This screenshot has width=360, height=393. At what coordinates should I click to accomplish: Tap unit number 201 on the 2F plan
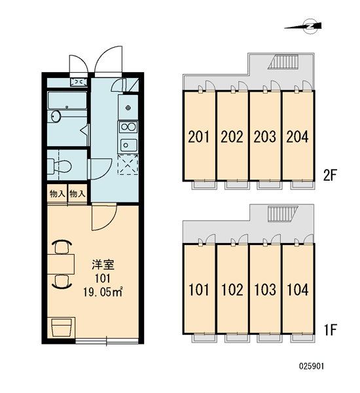pos(199,137)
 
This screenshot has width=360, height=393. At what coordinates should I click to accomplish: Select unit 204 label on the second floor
pos(297,137)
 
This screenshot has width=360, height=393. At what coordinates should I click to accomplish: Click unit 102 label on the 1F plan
pos(232,290)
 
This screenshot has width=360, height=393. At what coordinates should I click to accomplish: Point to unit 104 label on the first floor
pos(297,290)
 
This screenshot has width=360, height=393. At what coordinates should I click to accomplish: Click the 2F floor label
pos(330,175)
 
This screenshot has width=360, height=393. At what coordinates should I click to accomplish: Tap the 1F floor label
pos(331,329)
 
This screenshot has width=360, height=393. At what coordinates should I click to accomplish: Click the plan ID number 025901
pos(312,366)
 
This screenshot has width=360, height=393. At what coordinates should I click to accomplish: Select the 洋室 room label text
pos(103,265)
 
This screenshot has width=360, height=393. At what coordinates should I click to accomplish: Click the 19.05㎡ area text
pos(103,292)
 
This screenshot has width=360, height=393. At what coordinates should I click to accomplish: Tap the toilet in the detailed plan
pos(60,166)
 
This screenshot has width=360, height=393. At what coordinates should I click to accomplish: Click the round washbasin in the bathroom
pos(56,117)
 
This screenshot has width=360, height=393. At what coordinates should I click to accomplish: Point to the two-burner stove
pos(128,127)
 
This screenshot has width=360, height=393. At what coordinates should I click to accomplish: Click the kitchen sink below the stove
pos(128,145)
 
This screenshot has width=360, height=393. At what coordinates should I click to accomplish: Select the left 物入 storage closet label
pos(58,194)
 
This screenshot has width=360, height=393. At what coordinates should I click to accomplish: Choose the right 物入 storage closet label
pos(77,194)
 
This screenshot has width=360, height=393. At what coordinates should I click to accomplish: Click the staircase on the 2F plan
pos(283,62)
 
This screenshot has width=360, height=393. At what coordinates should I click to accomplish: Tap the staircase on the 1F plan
pos(283,214)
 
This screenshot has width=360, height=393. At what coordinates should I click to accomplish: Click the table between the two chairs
pos(61,264)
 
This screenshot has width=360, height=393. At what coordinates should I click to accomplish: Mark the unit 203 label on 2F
pos(264,137)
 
